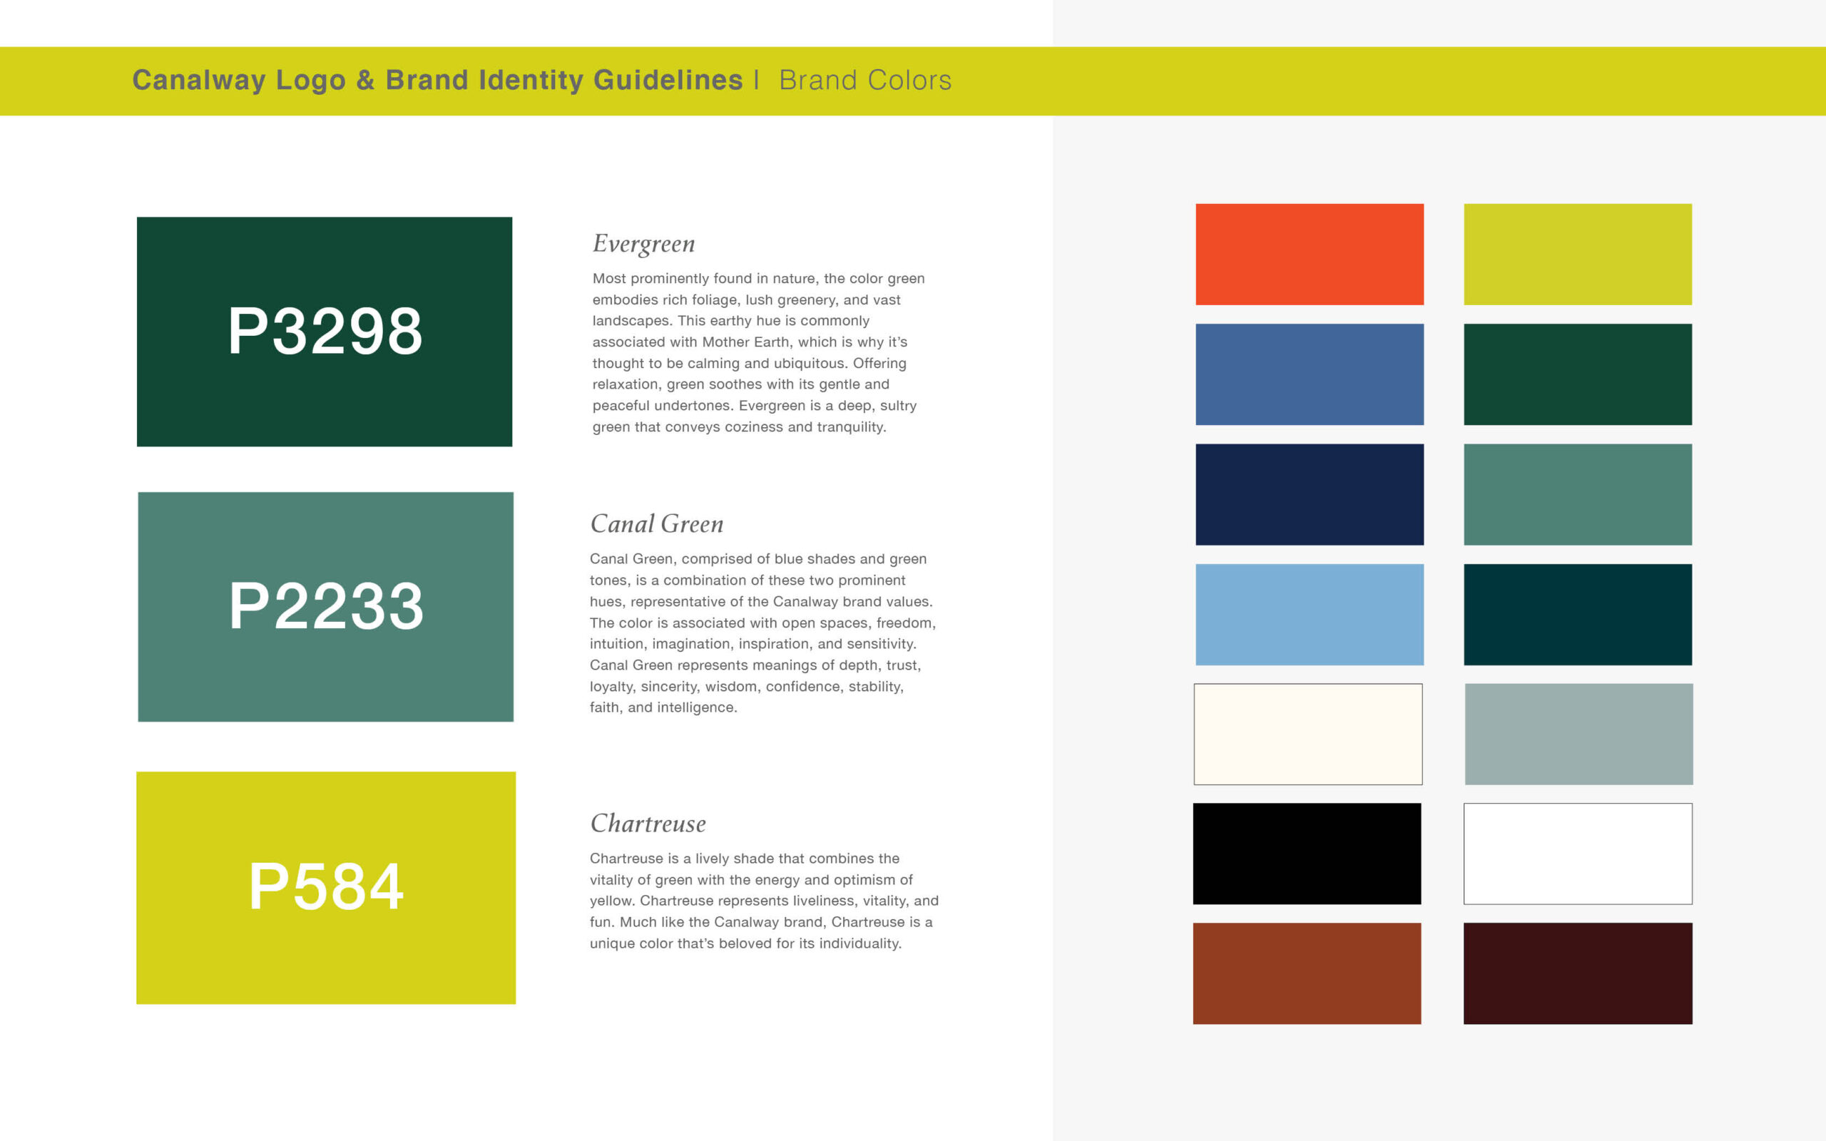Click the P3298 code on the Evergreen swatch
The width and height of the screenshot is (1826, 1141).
pyautogui.click(x=325, y=332)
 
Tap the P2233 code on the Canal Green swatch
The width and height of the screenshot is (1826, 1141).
pyautogui.click(x=326, y=606)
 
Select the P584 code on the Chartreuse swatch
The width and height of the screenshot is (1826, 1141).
pyautogui.click(x=326, y=886)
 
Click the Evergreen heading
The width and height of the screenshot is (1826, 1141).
pyautogui.click(x=643, y=245)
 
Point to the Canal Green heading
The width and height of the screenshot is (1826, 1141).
pyautogui.click(x=656, y=523)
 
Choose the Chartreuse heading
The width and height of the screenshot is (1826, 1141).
pyautogui.click(x=648, y=823)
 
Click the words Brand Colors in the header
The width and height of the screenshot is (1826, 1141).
pyautogui.click(x=865, y=80)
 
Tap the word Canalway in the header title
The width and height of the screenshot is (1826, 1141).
pyautogui.click(x=199, y=81)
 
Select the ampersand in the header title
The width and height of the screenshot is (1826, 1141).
pyautogui.click(x=365, y=80)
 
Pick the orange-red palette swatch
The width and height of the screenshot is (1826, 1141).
pyautogui.click(x=1309, y=255)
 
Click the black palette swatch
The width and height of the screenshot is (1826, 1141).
pyautogui.click(x=1307, y=854)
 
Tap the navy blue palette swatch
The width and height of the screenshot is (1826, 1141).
pyautogui.click(x=1309, y=494)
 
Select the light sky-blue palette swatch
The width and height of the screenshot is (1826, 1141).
pyautogui.click(x=1309, y=614)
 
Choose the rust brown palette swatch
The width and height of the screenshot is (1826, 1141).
pyautogui.click(x=1307, y=973)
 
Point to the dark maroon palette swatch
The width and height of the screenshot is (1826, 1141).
pyautogui.click(x=1578, y=973)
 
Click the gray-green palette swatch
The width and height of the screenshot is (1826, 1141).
pyautogui.click(x=1578, y=735)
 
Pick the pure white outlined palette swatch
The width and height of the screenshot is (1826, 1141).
pyautogui.click(x=1578, y=854)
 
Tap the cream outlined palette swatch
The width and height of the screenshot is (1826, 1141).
pyautogui.click(x=1307, y=735)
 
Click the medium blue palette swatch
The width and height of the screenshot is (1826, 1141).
pyautogui.click(x=1309, y=374)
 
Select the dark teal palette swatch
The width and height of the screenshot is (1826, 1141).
pyautogui.click(x=1578, y=614)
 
